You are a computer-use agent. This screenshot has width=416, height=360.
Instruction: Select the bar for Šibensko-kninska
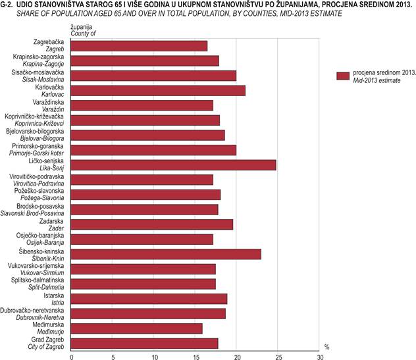166,254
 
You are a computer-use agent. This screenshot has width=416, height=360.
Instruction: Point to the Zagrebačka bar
139,45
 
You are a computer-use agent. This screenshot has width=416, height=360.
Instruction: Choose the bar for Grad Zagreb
144,343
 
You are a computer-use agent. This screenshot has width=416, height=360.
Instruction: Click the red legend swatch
342,76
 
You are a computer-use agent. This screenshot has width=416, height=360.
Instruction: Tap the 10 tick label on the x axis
154,357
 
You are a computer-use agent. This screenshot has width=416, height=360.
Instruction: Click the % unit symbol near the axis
326,346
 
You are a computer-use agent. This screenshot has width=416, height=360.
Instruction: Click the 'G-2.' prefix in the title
9,5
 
